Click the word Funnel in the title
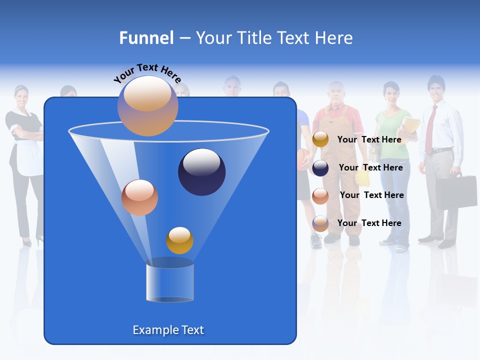click(x=146, y=38)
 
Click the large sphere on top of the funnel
click(x=147, y=106)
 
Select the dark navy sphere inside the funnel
click(x=201, y=172)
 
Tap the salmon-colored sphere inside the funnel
click(x=139, y=197)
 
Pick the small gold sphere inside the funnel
click(x=179, y=240)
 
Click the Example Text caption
click(x=168, y=330)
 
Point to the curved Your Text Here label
click(x=147, y=72)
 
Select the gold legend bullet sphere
click(x=320, y=139)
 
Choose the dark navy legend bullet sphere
click(x=320, y=168)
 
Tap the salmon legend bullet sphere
click(x=320, y=195)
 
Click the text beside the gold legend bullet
click(x=369, y=139)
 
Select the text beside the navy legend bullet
click(x=370, y=167)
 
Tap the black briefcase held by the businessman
click(x=456, y=192)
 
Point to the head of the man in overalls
click(x=336, y=93)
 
